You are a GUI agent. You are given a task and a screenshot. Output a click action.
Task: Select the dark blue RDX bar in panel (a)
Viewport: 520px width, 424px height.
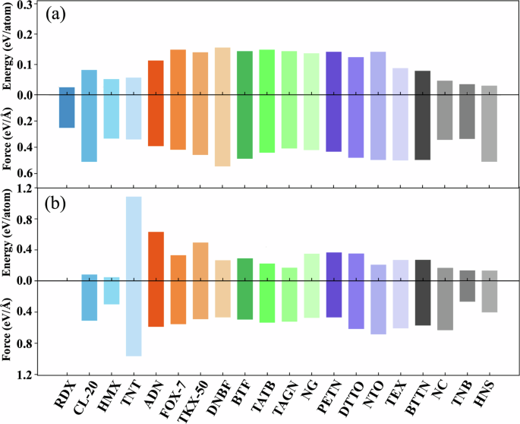67,107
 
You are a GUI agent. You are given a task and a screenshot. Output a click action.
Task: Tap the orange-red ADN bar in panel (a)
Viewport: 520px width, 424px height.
156,103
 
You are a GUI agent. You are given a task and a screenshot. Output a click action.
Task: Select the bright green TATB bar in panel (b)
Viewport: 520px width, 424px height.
266,293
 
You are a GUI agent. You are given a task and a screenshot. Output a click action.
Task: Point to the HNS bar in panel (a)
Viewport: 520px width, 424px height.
489,123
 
